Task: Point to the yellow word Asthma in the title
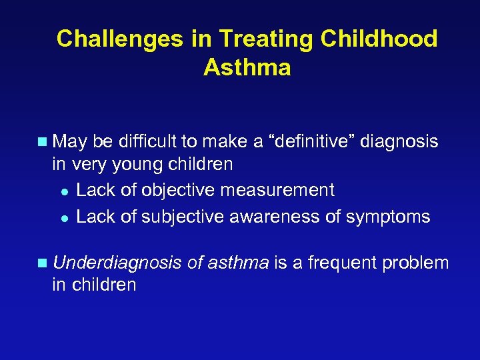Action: click(247, 67)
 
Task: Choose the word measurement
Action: click(278, 190)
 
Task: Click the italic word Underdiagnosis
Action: click(117, 263)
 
